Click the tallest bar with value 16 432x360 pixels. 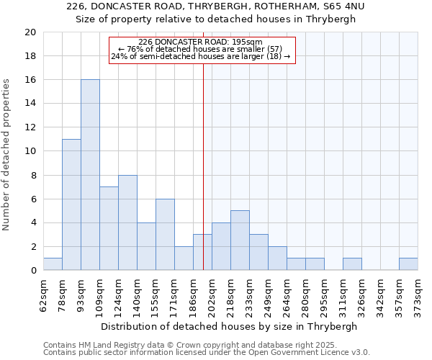click(90, 175)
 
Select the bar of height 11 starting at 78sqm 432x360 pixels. click(71, 204)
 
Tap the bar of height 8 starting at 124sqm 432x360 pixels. click(127, 222)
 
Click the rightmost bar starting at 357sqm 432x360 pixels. click(408, 264)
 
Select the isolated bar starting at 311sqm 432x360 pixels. click(352, 264)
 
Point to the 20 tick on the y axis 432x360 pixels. click(30, 32)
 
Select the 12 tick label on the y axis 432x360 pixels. click(30, 127)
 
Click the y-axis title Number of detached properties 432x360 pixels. click(7, 155)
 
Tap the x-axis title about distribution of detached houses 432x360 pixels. click(230, 326)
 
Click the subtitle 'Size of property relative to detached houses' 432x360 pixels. click(216, 19)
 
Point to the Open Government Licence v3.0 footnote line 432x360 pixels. click(207, 352)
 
